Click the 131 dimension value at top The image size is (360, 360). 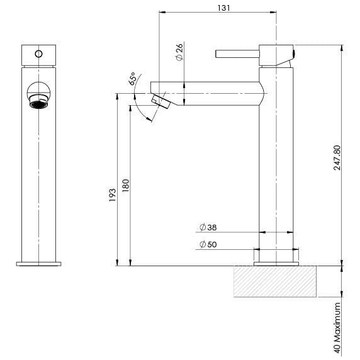(218, 7)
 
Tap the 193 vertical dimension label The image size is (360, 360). (112, 193)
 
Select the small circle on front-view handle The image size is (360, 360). (39, 53)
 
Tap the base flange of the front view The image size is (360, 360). (39, 262)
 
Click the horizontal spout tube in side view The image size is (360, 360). (208, 93)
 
